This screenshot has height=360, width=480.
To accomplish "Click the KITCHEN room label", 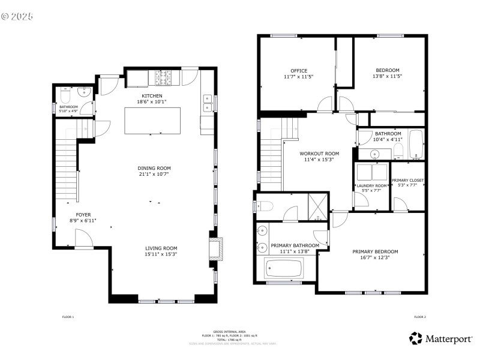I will pos(152,96).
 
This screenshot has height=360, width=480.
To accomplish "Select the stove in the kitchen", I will pos(163,78).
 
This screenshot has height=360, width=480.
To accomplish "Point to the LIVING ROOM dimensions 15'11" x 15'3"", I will pos(161,254).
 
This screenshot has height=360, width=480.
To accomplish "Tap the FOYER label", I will pos(83,214).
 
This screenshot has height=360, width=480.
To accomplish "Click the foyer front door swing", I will pos(83,240).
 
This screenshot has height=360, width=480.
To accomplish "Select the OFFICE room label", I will pos(299,70).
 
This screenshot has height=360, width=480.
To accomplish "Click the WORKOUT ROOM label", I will pos(319,154).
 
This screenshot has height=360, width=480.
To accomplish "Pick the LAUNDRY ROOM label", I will pos(371,186).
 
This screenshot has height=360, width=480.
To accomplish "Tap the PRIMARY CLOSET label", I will pos(408,180).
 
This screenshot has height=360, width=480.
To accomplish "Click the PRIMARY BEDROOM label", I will pos(375,252).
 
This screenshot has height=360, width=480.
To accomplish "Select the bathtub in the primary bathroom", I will pos(283,269).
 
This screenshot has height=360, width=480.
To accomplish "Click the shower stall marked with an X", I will pos(317,203).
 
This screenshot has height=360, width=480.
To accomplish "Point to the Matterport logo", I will pos(441,339).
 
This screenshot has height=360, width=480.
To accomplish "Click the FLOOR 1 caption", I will pos(68,317).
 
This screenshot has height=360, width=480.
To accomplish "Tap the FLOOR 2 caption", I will pos(419,317).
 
